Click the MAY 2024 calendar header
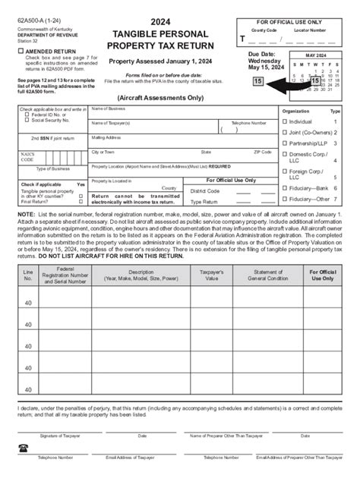tap(321, 55)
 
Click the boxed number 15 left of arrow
tap(258, 81)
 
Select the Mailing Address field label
tap(106, 137)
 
